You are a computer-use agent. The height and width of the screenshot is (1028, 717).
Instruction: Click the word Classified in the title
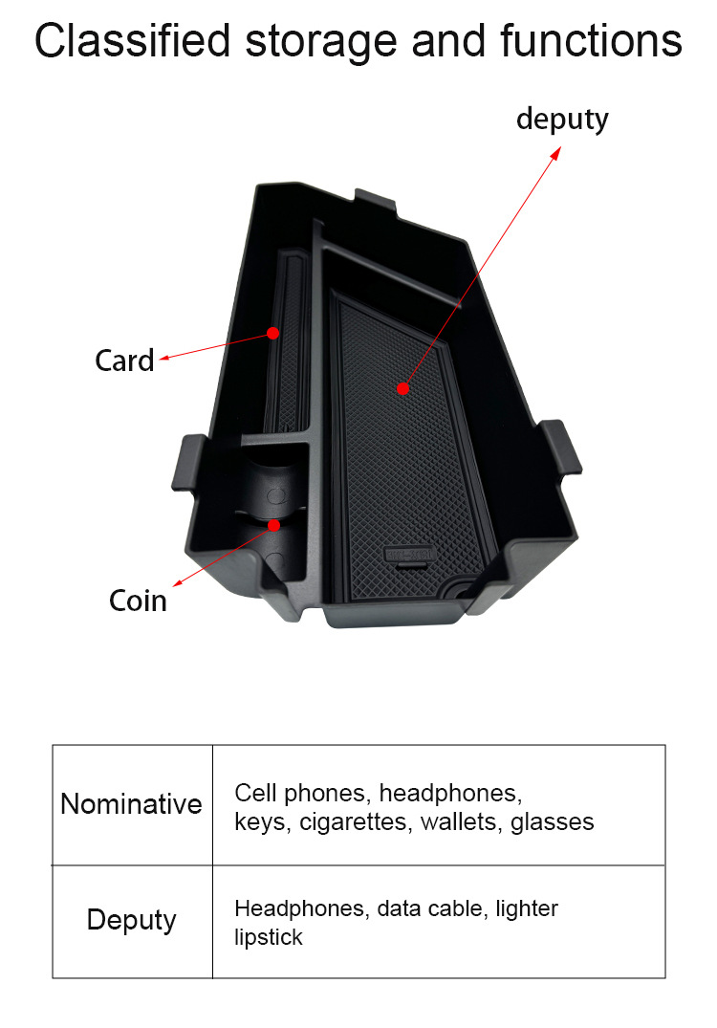tap(134, 41)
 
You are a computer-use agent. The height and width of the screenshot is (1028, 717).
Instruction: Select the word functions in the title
tap(590, 41)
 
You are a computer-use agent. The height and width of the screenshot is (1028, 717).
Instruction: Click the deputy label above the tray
tap(562, 120)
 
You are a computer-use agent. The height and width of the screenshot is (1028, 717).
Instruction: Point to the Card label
tap(124, 361)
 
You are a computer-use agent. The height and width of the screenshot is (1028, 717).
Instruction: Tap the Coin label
tap(138, 601)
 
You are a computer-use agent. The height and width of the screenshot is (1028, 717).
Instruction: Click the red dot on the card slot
tap(272, 333)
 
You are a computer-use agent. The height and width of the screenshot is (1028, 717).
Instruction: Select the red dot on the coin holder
tap(274, 525)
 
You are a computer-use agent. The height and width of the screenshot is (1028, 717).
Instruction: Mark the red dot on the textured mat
tap(402, 388)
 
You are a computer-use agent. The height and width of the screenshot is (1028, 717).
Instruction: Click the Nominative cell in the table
tap(132, 804)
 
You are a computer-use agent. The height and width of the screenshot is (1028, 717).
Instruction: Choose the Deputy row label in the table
tap(132, 920)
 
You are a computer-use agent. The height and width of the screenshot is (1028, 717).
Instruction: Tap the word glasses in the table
tap(553, 821)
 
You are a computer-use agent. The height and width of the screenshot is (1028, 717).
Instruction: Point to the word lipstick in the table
tap(269, 936)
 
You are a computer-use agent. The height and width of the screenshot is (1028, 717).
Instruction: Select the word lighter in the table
tap(527, 908)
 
